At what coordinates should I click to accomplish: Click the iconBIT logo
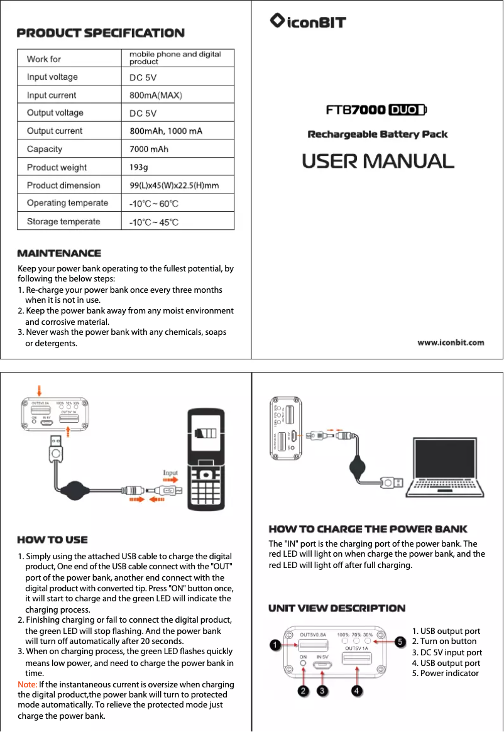(308, 22)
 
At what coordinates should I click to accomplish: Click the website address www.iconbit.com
(451, 342)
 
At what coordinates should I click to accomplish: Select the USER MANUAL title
(378, 161)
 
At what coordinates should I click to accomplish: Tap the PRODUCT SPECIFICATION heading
(101, 33)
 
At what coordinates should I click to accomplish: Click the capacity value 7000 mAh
(149, 149)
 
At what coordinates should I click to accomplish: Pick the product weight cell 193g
(139, 167)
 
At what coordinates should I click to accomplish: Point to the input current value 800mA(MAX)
(156, 95)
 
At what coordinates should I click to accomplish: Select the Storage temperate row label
(63, 221)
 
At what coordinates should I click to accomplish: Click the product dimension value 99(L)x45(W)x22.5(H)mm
(174, 185)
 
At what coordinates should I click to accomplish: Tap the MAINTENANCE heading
(59, 253)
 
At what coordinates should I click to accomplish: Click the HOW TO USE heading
(52, 540)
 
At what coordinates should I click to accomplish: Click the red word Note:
(28, 684)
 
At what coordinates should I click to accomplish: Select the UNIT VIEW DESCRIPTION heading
(337, 608)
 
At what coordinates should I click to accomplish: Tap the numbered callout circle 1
(275, 645)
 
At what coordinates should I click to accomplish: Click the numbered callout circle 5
(399, 641)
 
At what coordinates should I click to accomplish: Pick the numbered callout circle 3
(322, 691)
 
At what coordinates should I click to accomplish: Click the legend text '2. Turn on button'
(444, 642)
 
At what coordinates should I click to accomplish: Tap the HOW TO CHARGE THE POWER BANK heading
(368, 530)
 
